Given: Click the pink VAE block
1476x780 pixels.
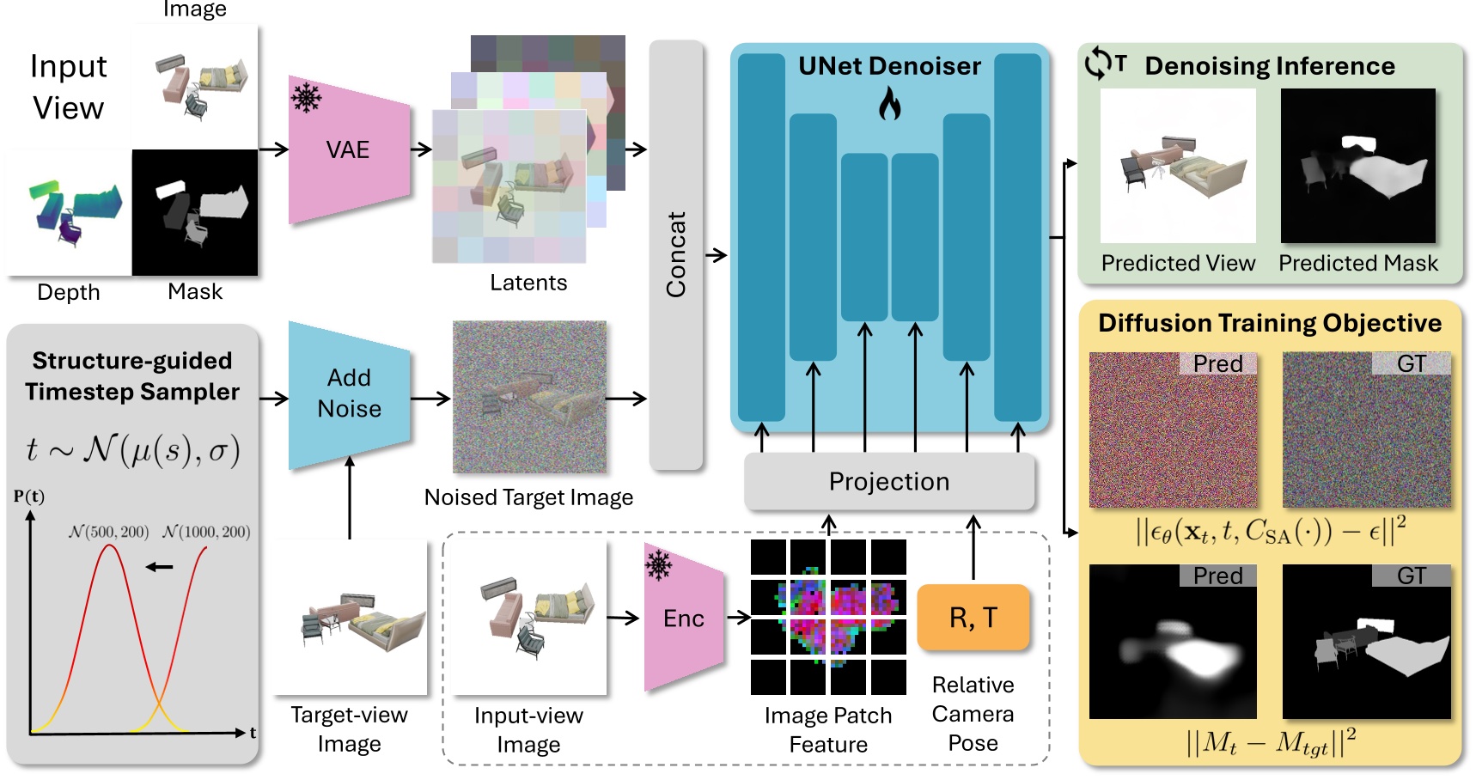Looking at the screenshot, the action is coord(349,149).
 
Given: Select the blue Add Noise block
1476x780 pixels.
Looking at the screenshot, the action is coord(349,395).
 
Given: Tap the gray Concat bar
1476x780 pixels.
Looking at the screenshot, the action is coord(675,255).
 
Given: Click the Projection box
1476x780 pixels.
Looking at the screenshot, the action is coord(889,481).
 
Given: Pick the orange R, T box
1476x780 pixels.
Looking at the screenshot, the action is coord(973,617).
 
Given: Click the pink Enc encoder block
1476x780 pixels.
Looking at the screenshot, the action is coord(684,618).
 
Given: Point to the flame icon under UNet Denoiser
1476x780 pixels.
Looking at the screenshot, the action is coord(889,105).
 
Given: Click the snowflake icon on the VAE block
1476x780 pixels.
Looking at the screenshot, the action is coord(307,97).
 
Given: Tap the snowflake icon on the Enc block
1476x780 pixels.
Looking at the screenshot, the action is coord(659,564).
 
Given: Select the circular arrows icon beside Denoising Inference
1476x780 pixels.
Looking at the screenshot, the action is coord(1098,64).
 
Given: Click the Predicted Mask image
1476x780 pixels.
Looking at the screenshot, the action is coord(1358,166).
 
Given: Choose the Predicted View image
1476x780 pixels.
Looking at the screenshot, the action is coord(1178,166).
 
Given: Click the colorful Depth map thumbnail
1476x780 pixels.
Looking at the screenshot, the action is coord(69,213).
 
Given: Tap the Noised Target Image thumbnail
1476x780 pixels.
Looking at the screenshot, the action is coord(529,397).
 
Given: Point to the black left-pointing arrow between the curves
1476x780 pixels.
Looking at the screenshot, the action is coord(160,567).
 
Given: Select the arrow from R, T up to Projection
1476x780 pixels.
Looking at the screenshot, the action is coord(973,547).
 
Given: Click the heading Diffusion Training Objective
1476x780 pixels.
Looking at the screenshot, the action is coord(1270,323).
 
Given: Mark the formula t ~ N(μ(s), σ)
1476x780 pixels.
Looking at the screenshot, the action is coord(132,449).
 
